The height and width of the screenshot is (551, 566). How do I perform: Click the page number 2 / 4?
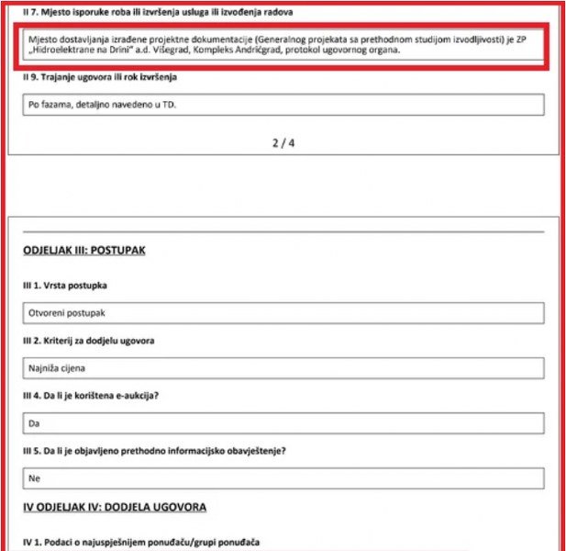[x=283, y=143]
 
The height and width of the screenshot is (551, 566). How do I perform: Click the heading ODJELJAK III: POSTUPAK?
[x=83, y=250]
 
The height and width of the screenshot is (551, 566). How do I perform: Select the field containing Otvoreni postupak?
[x=283, y=313]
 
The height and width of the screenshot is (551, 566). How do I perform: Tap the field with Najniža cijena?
[x=283, y=368]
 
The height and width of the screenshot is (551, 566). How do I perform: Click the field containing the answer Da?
[x=283, y=423]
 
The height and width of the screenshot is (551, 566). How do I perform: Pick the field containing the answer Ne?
[x=283, y=478]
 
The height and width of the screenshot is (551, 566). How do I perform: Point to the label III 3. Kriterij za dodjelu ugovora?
[x=88, y=341]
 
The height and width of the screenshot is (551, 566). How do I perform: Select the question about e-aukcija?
[x=100, y=396]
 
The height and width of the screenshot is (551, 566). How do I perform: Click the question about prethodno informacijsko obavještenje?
[x=154, y=451]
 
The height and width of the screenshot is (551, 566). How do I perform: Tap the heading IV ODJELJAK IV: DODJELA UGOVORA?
[x=115, y=507]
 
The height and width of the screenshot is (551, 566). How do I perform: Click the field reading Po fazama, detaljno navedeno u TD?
[x=283, y=105]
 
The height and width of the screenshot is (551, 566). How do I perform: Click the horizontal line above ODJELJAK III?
[x=283, y=231]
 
